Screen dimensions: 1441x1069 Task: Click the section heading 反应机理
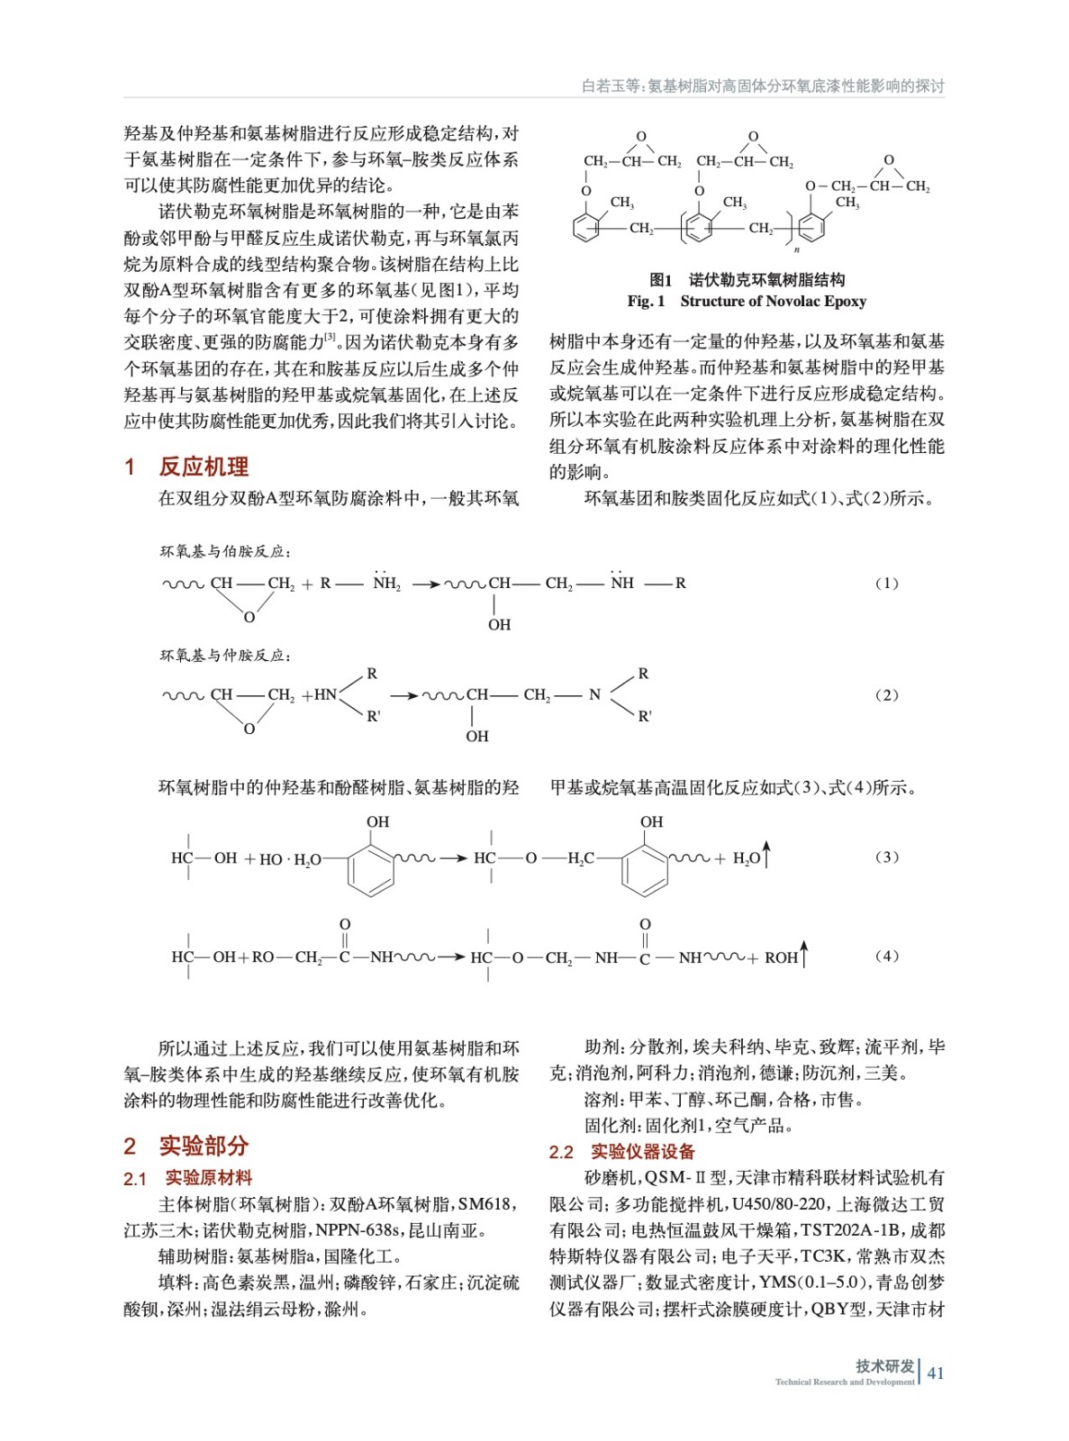[203, 467]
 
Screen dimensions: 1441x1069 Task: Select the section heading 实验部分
[203, 1146]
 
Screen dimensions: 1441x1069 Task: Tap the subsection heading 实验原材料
[208, 1178]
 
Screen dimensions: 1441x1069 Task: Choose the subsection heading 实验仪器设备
[642, 1152]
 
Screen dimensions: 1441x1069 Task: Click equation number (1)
[887, 584]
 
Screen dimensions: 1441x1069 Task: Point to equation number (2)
[887, 695]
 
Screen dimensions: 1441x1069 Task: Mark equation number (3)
[887, 857]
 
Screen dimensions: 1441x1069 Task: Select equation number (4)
[887, 956]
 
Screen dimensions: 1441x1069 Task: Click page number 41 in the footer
[936, 1373]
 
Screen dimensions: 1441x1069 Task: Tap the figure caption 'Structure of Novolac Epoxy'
[773, 302]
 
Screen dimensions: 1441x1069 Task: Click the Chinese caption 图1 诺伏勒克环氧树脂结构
[747, 280]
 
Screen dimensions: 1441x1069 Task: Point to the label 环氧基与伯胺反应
[225, 551]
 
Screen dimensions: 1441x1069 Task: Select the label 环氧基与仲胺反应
[225, 656]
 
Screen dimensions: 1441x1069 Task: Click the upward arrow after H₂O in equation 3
[767, 854]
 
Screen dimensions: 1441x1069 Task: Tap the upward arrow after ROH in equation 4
[804, 953]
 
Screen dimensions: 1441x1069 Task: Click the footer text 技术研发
[884, 1366]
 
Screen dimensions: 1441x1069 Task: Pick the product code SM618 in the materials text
[485, 1204]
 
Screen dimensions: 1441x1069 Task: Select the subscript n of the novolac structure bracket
[797, 249]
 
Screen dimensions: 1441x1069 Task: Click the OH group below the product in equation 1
[499, 625]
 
